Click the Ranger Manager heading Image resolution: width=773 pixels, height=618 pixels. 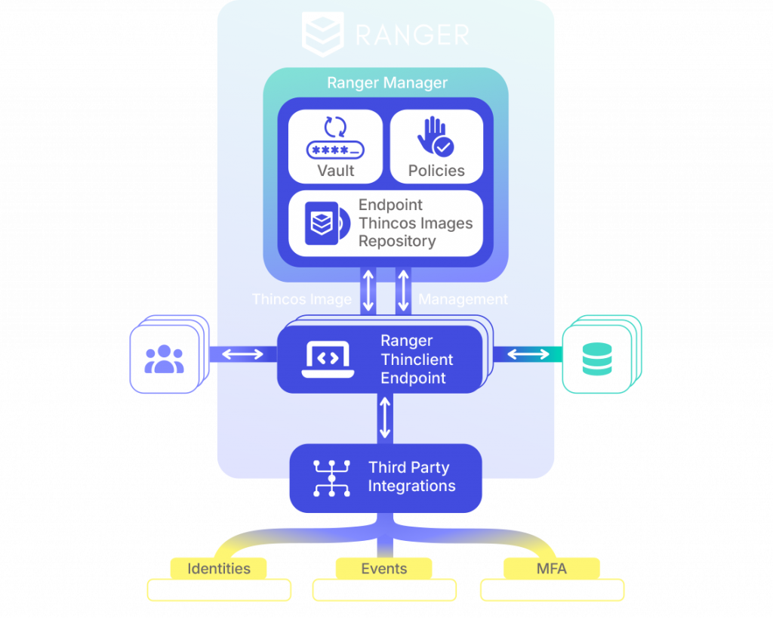tap(386, 83)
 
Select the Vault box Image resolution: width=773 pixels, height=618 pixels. tap(335, 147)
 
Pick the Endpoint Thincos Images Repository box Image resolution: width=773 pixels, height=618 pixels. tap(385, 223)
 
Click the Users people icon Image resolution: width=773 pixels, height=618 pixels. tap(164, 359)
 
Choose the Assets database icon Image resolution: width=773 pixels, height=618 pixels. tap(597, 359)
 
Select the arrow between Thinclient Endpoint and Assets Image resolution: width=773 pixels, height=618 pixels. tap(528, 354)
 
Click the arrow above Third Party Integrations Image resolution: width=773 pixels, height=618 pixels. tap(385, 418)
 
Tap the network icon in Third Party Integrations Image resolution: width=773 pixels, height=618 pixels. tap(331, 477)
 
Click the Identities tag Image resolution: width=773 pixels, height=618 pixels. tap(219, 568)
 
